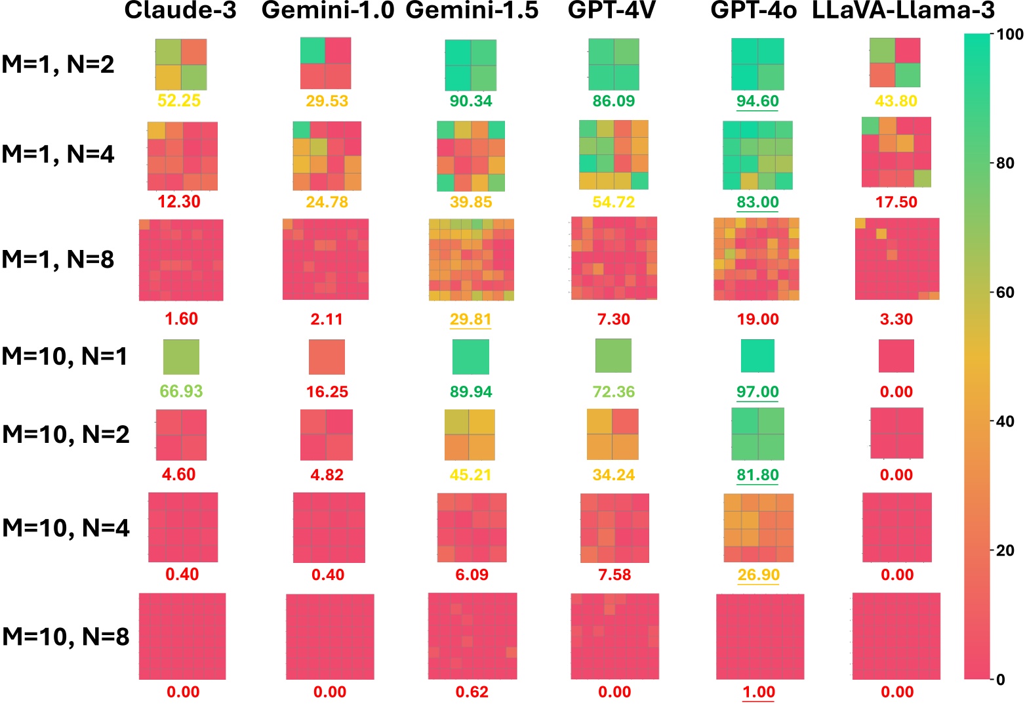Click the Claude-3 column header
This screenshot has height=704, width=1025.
[x=180, y=11]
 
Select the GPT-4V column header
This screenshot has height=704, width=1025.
[x=612, y=11]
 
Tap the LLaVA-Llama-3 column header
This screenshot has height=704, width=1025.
[x=903, y=11]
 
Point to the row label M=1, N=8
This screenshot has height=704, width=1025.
[x=58, y=259]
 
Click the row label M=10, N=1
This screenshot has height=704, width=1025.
[x=65, y=356]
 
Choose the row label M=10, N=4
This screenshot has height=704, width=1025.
[x=66, y=528]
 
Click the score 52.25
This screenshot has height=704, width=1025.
[x=179, y=100]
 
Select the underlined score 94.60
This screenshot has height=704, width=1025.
[x=757, y=101]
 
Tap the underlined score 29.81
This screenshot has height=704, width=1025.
[x=470, y=319]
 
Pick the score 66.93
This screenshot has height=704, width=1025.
[x=181, y=392]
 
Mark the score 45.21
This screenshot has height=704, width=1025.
[x=470, y=474]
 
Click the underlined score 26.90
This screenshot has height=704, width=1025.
[x=758, y=575]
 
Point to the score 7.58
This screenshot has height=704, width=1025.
[x=614, y=575]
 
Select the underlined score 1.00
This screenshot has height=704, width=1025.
[x=758, y=692]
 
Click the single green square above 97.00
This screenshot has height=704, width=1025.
[x=757, y=356]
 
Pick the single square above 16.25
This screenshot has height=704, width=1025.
[x=327, y=357]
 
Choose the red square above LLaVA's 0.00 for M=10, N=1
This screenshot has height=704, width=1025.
[x=896, y=356]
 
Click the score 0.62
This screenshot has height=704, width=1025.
[x=472, y=692]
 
